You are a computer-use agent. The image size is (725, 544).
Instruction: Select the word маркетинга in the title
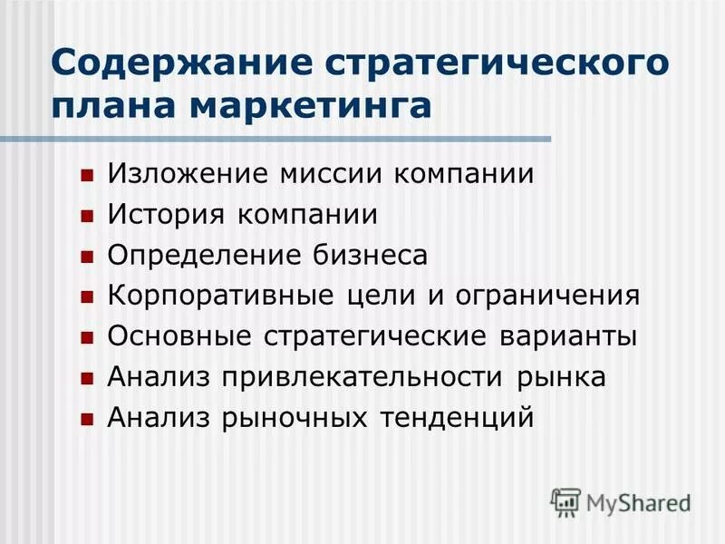pyautogui.click(x=325, y=106)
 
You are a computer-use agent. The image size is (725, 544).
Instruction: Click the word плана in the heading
pyautogui.click(x=110, y=106)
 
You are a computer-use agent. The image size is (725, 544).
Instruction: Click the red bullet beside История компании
pyautogui.click(x=87, y=217)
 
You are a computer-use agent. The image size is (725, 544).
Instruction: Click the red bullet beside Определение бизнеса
pyautogui.click(x=87, y=257)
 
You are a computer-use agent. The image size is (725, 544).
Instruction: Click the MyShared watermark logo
pyautogui.click(x=622, y=501)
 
